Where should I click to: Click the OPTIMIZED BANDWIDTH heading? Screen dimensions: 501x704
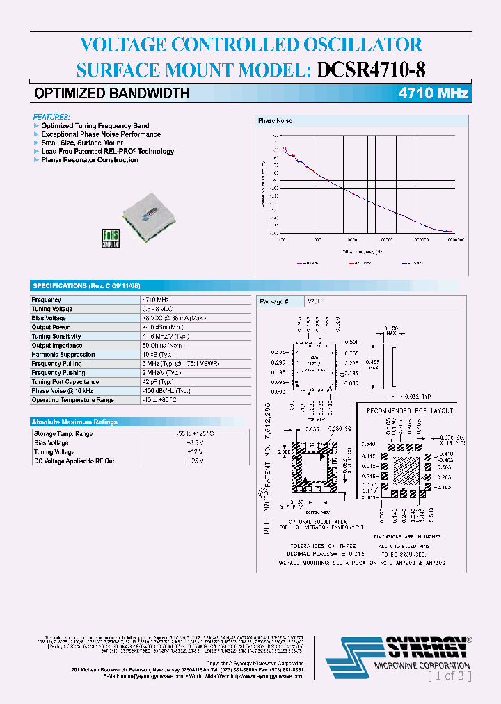(112, 93)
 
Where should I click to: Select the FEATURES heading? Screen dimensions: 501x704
(51, 117)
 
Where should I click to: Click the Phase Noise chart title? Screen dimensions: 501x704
(276, 121)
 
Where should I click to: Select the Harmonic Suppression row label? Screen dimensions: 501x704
(63, 355)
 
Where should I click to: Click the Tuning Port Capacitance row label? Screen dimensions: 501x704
(65, 382)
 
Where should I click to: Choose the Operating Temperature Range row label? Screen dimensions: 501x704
(72, 400)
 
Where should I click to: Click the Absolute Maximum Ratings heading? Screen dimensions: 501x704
(75, 422)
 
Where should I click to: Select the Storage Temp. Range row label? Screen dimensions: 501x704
(63, 434)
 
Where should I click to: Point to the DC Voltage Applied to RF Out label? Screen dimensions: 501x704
(74, 461)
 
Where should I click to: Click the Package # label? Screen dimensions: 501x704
(271, 301)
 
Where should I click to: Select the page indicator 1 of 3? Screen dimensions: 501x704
(450, 675)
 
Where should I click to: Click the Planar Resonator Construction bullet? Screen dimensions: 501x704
(89, 160)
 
